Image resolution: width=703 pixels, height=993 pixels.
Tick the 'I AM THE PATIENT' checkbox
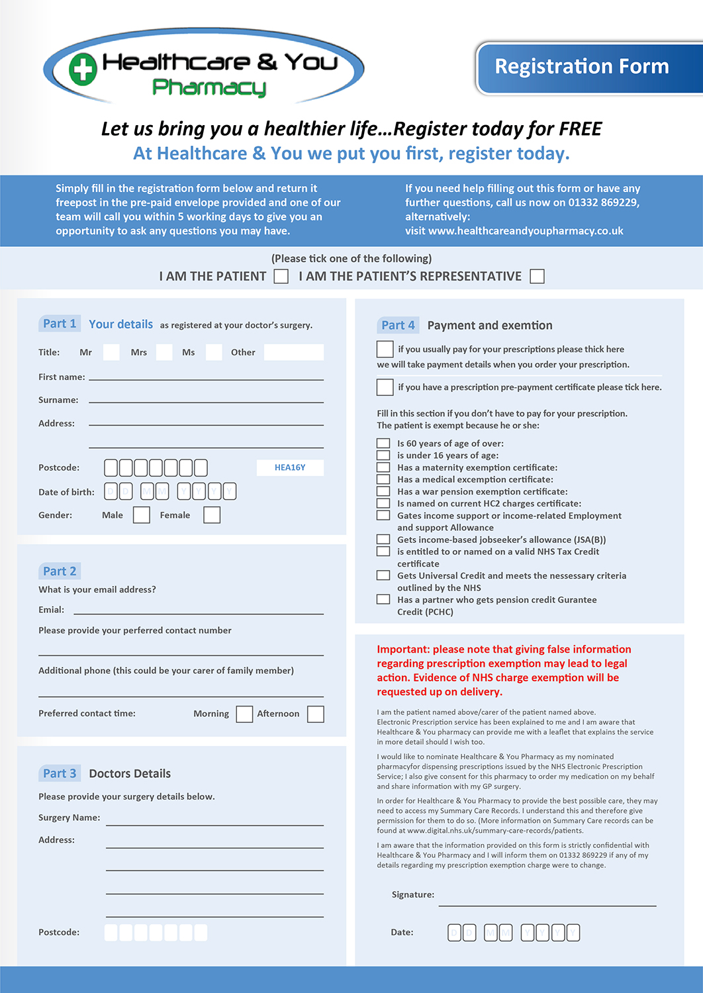281,276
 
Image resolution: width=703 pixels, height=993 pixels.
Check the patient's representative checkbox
538,276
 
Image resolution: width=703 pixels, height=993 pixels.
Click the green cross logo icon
83,70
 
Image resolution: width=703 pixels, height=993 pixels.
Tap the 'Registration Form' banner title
582,67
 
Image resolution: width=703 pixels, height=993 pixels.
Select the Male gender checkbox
142,515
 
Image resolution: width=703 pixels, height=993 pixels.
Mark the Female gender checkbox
212,515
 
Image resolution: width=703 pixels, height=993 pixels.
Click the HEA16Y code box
290,467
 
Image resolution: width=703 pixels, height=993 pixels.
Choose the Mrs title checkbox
164,352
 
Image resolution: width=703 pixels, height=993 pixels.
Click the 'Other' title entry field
294,352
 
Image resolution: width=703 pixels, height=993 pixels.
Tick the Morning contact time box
244,714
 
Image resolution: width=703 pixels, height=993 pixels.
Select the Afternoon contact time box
316,714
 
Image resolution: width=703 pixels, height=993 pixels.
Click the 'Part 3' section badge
60,773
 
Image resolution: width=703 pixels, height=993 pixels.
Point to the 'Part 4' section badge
398,325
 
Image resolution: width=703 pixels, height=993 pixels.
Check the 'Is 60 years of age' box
383,444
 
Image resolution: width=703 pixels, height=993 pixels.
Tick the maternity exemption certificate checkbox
383,467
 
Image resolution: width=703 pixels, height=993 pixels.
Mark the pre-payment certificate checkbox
385,387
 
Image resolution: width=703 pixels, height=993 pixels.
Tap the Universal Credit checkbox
383,575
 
